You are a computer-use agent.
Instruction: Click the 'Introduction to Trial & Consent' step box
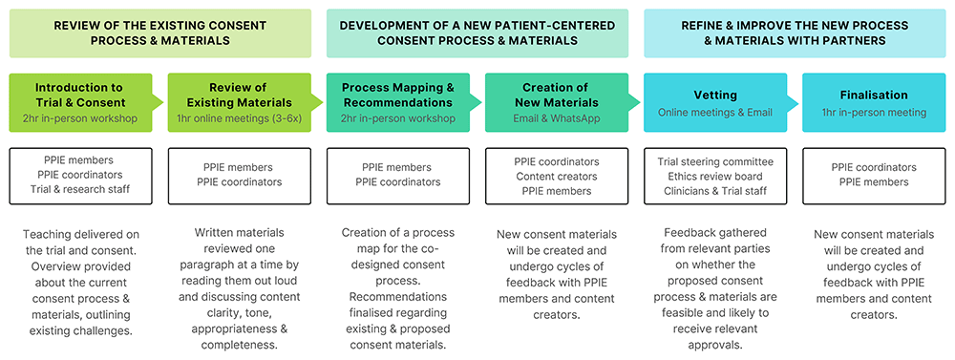80,102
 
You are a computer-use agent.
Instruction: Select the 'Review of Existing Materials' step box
240,102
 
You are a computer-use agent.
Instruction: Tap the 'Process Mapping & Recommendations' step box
398,102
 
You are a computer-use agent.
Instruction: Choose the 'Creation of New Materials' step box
557,102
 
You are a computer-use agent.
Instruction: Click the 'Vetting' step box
715,102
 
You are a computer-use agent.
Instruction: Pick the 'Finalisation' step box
874,102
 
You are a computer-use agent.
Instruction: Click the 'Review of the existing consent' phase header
160,33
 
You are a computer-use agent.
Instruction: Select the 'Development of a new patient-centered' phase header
477,33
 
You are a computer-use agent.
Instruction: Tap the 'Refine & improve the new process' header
795,33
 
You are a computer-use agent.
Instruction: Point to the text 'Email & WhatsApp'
557,118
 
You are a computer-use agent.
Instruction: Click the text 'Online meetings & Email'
715,112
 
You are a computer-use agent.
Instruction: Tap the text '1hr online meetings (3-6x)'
240,118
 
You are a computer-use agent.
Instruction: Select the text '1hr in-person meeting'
874,112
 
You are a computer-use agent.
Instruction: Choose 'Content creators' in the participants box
557,177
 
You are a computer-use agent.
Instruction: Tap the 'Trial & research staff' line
80,189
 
